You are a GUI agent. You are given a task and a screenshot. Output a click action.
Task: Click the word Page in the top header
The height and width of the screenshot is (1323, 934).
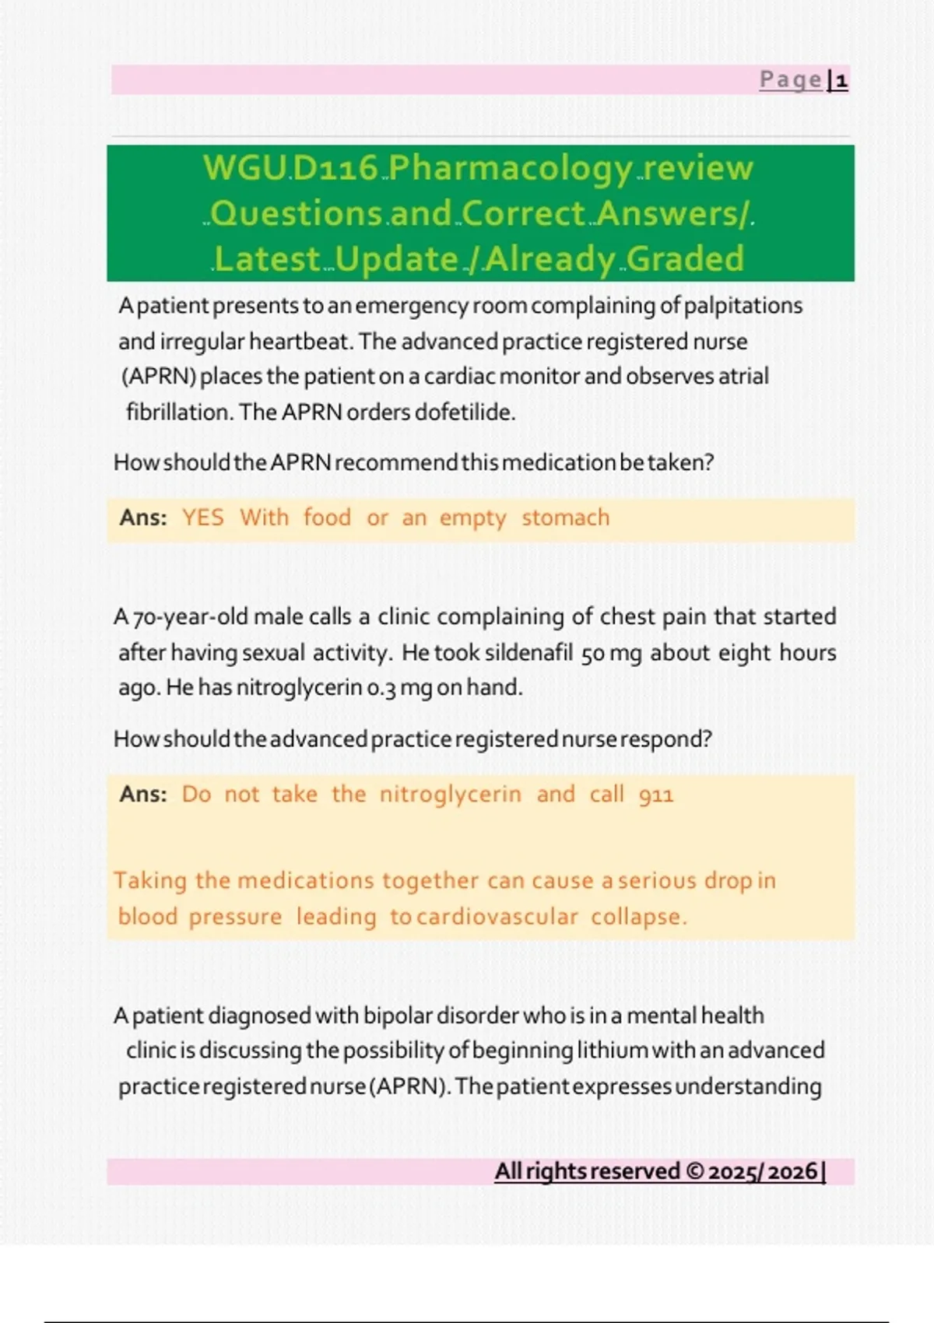(x=790, y=79)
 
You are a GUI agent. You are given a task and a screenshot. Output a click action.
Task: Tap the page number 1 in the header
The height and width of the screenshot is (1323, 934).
(x=841, y=80)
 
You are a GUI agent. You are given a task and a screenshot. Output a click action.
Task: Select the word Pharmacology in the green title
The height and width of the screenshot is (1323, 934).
(x=511, y=169)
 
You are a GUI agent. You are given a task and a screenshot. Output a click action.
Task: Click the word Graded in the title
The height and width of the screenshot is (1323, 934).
(x=686, y=259)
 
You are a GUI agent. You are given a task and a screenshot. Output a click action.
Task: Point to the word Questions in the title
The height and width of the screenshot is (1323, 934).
(x=296, y=214)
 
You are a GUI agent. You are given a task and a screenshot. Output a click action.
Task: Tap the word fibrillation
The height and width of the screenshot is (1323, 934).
(x=179, y=412)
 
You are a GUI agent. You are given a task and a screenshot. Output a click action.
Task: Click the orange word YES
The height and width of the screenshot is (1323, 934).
(x=203, y=518)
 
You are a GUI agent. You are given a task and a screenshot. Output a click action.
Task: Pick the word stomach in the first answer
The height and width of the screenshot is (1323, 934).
(x=566, y=518)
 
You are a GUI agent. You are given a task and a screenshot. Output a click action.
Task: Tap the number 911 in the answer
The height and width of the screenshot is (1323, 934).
(x=656, y=795)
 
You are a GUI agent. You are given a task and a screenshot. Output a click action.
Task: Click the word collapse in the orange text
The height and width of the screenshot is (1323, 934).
(x=638, y=917)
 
